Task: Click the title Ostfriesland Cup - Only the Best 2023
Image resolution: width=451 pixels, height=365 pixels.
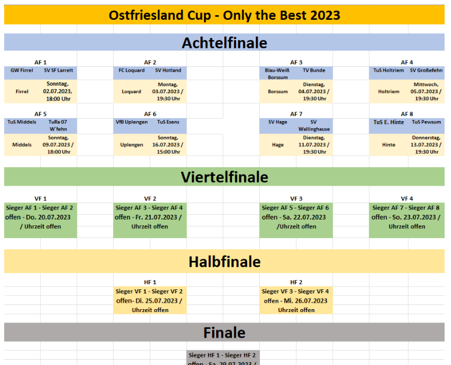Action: click(224, 15)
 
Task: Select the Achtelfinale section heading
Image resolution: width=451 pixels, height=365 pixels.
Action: click(224, 42)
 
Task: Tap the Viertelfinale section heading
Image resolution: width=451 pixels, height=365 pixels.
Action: click(224, 176)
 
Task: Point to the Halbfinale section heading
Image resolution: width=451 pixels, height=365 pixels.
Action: click(224, 262)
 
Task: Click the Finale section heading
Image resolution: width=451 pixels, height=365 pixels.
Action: click(224, 332)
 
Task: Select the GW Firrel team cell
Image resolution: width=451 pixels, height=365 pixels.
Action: click(22, 70)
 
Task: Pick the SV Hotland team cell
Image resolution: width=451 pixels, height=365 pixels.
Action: click(168, 70)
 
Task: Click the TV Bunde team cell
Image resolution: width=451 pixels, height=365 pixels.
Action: click(314, 70)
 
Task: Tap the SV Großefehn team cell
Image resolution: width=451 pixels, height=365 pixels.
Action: click(425, 70)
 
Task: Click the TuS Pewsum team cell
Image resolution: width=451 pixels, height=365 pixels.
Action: click(426, 122)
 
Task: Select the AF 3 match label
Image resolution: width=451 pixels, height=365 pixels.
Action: click(296, 62)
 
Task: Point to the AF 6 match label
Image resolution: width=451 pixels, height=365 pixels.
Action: click(150, 114)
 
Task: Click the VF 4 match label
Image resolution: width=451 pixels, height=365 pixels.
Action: click(407, 199)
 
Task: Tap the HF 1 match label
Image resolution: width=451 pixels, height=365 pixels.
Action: click(150, 282)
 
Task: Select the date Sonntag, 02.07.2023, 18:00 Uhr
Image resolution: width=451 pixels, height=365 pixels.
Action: click(58, 91)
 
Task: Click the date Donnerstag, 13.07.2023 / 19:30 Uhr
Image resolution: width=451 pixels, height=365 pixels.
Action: click(426, 144)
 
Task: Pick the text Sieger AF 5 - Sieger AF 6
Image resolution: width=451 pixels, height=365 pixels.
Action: click(295, 208)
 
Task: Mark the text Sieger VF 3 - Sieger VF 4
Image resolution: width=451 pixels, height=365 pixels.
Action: click(295, 292)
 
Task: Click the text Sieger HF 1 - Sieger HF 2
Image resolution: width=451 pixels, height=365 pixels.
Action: click(223, 355)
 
